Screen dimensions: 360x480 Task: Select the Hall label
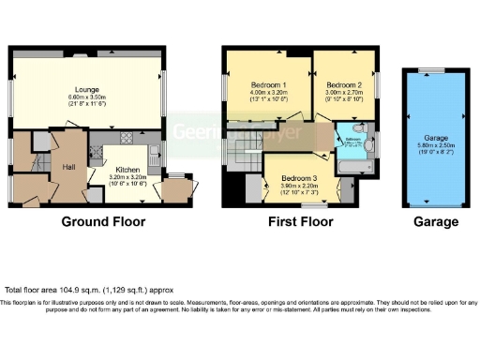[x=68, y=167]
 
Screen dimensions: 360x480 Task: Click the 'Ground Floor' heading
[x=103, y=222]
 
